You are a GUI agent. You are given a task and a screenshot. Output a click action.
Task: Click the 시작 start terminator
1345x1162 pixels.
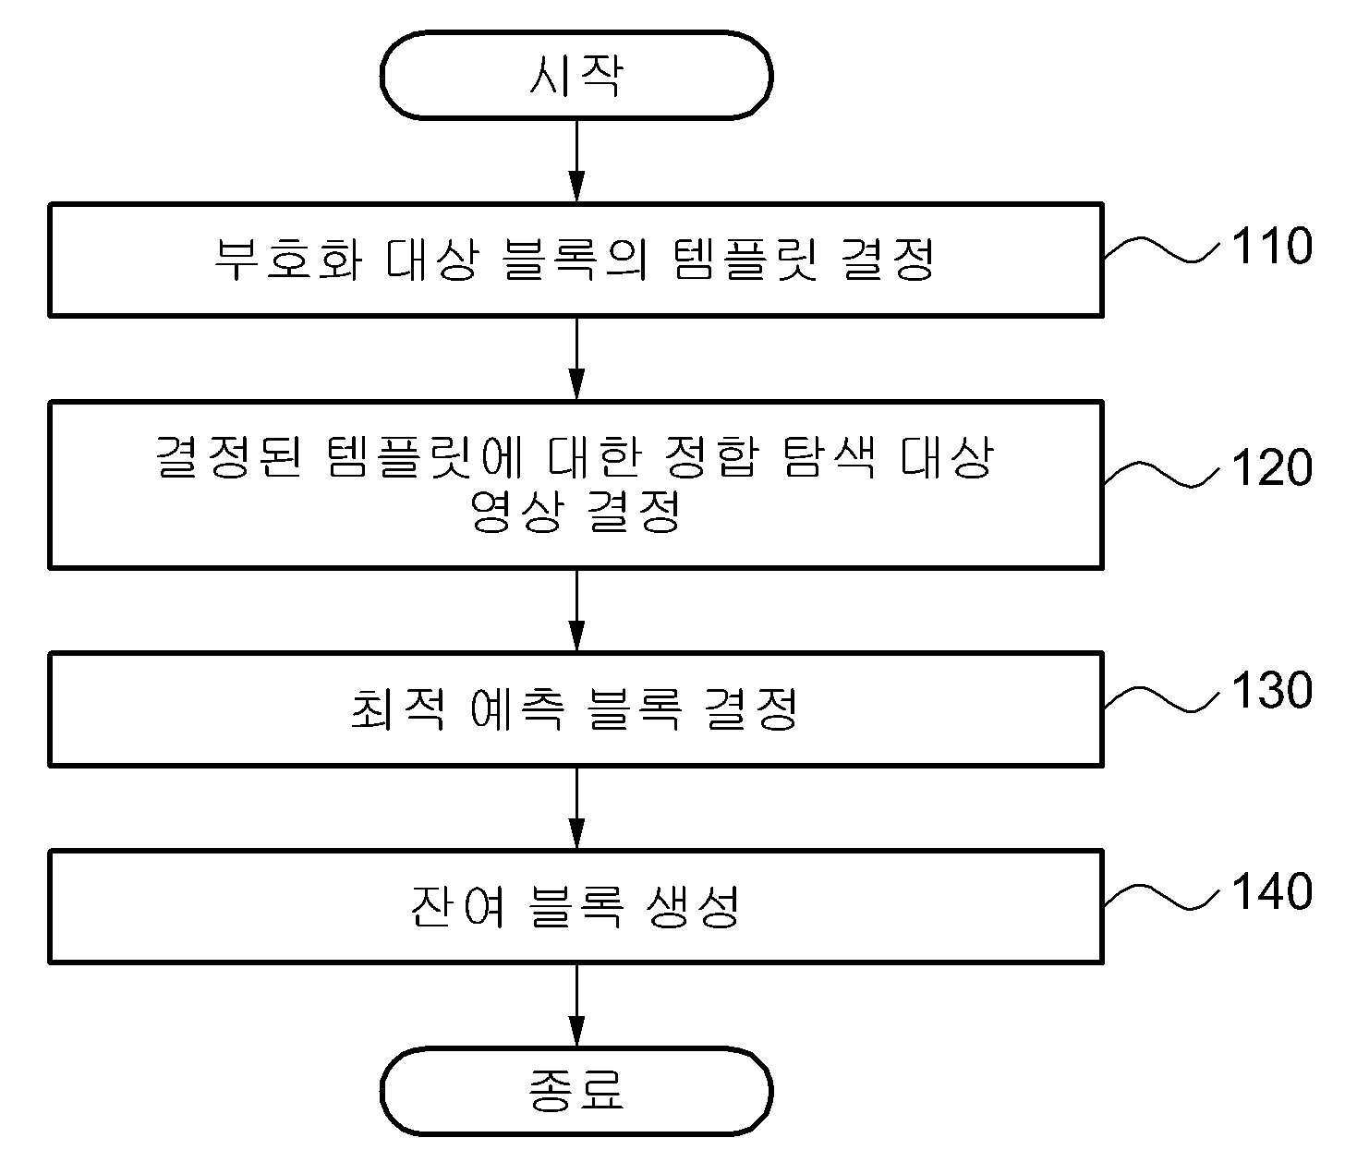coord(576,76)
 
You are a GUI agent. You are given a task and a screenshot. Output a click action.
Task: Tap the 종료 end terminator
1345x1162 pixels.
coord(576,1091)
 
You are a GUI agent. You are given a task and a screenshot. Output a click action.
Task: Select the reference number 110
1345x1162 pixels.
coord(1271,246)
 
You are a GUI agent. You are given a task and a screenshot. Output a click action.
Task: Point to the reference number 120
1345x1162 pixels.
coord(1271,468)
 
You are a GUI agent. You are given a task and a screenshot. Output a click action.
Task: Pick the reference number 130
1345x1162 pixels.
coord(1271,691)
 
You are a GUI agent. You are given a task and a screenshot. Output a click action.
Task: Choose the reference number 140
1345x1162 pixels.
coord(1271,891)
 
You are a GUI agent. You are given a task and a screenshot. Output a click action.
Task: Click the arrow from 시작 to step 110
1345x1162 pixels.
coord(576,161)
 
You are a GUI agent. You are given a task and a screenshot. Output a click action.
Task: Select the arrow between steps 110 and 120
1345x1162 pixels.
coord(576,358)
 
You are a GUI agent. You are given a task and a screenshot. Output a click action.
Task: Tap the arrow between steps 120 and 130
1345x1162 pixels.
coord(576,611)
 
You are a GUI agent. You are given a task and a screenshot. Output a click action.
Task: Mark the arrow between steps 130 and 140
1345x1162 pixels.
coord(576,808)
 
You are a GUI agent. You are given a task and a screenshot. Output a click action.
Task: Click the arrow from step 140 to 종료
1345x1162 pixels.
coord(576,1005)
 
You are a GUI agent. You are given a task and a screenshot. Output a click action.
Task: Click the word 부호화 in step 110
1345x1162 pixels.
coord(288,259)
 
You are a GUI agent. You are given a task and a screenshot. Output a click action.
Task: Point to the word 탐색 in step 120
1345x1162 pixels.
coord(829,456)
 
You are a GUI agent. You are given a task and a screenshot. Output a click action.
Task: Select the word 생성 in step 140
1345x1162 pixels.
coord(694,907)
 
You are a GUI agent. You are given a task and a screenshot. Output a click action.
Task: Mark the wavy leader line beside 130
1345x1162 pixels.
coord(1161,701)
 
